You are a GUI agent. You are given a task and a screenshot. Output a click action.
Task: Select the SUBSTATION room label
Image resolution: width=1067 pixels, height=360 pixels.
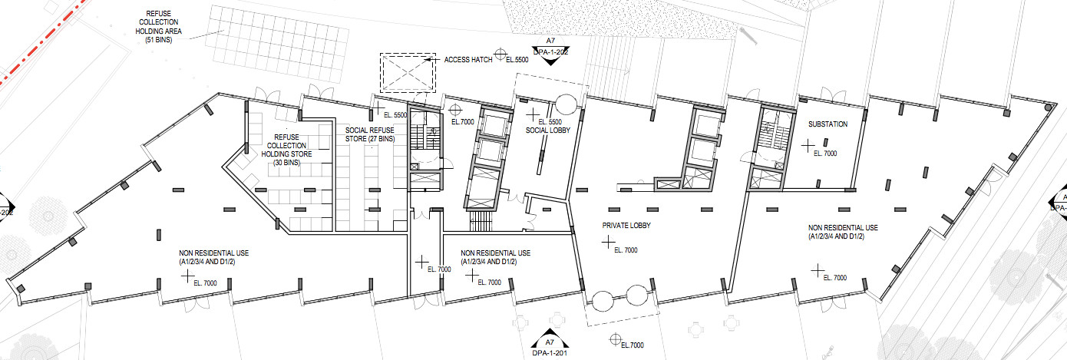pos(828,124)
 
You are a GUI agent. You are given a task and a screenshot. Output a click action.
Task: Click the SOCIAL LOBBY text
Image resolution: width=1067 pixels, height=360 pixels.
pos(547,130)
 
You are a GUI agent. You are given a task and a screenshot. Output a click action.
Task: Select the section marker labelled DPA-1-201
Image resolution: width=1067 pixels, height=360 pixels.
pos(549,346)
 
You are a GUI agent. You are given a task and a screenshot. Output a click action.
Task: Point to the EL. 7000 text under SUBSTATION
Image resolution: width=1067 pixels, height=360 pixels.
pos(824,154)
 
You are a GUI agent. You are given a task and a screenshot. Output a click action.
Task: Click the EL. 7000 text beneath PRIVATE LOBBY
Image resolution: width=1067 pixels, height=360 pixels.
pos(625,250)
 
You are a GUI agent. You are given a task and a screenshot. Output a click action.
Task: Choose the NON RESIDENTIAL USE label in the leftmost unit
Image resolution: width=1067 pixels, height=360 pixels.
pos(214,257)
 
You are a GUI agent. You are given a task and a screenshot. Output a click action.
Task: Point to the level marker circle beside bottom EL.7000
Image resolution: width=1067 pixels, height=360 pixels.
pos(613,339)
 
